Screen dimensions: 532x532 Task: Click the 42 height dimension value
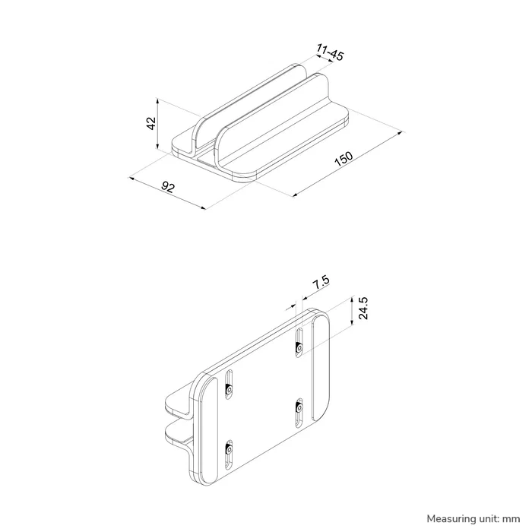point(151,123)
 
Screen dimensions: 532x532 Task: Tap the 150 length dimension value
point(344,159)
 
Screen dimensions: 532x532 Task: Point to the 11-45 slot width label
point(328,52)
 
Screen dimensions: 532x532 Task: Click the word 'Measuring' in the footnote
point(452,518)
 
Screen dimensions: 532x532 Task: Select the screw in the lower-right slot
point(299,408)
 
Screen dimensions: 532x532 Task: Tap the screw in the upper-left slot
point(229,391)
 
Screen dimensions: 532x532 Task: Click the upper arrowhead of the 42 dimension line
point(158,100)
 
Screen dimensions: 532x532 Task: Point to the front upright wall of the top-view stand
point(274,122)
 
